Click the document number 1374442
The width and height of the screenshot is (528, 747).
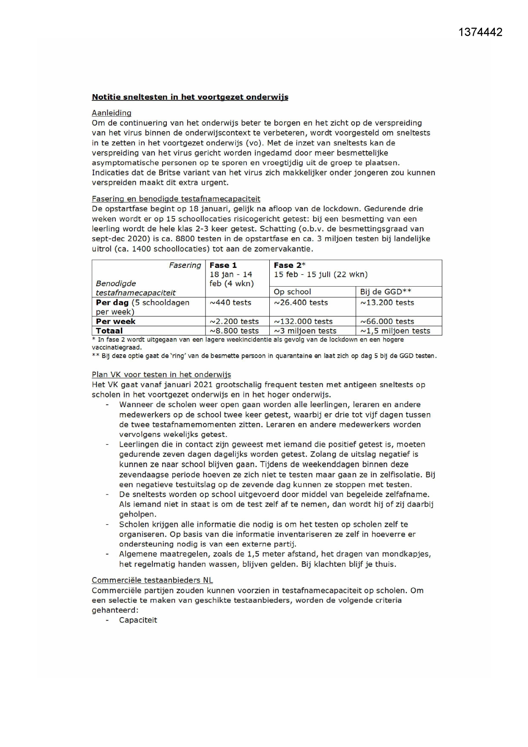(x=480, y=32)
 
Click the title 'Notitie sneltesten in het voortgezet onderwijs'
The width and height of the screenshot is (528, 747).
(x=190, y=97)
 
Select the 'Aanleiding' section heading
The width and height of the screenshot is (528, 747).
(x=111, y=113)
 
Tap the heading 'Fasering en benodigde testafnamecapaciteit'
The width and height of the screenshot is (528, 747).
(x=176, y=199)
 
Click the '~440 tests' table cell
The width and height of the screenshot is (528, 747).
(x=230, y=303)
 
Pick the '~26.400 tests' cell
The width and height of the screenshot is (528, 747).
(x=300, y=303)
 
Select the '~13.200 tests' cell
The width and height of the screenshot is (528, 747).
(x=387, y=303)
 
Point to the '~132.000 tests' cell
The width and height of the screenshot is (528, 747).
(x=303, y=322)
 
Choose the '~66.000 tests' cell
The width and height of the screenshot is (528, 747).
(x=387, y=322)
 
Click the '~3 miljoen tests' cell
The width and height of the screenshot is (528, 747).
(x=305, y=331)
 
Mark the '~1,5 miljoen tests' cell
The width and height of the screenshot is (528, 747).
(x=395, y=331)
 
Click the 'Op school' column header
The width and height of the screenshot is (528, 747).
(x=292, y=292)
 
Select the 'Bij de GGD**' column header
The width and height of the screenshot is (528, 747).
(x=385, y=292)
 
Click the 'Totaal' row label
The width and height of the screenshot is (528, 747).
(x=109, y=331)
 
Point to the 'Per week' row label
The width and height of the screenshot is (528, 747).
(x=116, y=322)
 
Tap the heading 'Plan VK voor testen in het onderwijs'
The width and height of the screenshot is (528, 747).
(x=161, y=375)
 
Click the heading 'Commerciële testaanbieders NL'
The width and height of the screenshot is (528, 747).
(x=152, y=580)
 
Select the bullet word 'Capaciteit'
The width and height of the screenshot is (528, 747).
(x=138, y=620)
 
